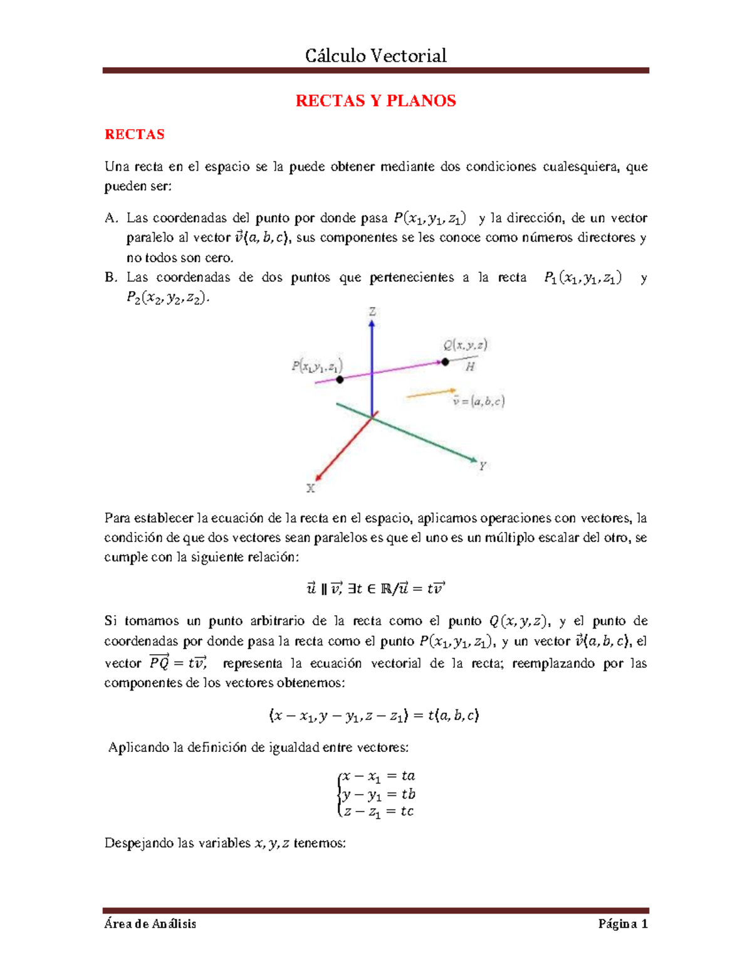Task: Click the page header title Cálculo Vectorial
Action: [x=375, y=56]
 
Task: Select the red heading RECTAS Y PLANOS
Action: [x=375, y=101]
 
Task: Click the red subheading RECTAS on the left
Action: [x=134, y=134]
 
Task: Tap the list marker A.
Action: [x=111, y=218]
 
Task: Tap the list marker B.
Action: [x=111, y=277]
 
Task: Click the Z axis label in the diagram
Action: [x=372, y=312]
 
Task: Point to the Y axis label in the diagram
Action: [x=483, y=466]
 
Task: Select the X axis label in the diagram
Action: [x=310, y=488]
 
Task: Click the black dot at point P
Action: [x=340, y=379]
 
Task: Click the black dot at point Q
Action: [x=445, y=361]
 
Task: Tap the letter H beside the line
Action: [x=470, y=367]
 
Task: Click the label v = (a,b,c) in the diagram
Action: [x=479, y=401]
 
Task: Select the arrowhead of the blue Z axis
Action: [x=372, y=324]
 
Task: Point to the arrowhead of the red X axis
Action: [x=319, y=477]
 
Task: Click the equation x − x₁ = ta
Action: [x=378, y=776]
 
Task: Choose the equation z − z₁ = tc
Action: [x=378, y=812]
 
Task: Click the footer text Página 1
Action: [x=622, y=924]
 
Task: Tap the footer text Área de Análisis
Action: [x=150, y=924]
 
